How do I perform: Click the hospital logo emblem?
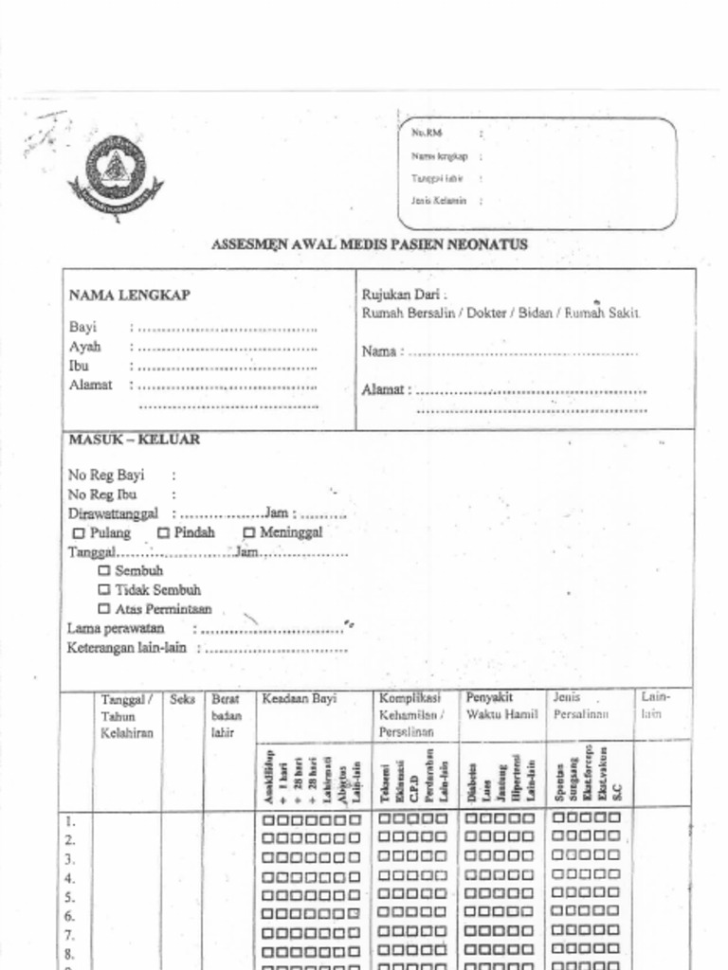pyautogui.click(x=115, y=174)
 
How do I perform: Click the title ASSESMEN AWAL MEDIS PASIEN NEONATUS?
pyautogui.click(x=369, y=244)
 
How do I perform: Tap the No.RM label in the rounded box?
pyautogui.click(x=427, y=134)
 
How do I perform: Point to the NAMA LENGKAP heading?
pyautogui.click(x=129, y=296)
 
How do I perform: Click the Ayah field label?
pyautogui.click(x=84, y=347)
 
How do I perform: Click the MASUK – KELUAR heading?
pyautogui.click(x=134, y=440)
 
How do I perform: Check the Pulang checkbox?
pyautogui.click(x=80, y=533)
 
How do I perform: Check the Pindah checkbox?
pyautogui.click(x=163, y=533)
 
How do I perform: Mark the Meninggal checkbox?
pyautogui.click(x=250, y=533)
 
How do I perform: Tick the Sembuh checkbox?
pyautogui.click(x=104, y=571)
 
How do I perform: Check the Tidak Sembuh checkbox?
pyautogui.click(x=104, y=590)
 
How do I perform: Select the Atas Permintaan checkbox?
pyautogui.click(x=104, y=609)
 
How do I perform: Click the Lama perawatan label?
pyautogui.click(x=116, y=628)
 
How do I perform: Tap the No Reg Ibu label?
pyautogui.click(x=102, y=494)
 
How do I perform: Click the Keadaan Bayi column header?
pyautogui.click(x=300, y=699)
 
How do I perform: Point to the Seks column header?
pyautogui.click(x=182, y=700)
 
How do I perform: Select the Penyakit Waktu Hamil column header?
pyautogui.click(x=501, y=706)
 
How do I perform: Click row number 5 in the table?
pyautogui.click(x=69, y=896)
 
